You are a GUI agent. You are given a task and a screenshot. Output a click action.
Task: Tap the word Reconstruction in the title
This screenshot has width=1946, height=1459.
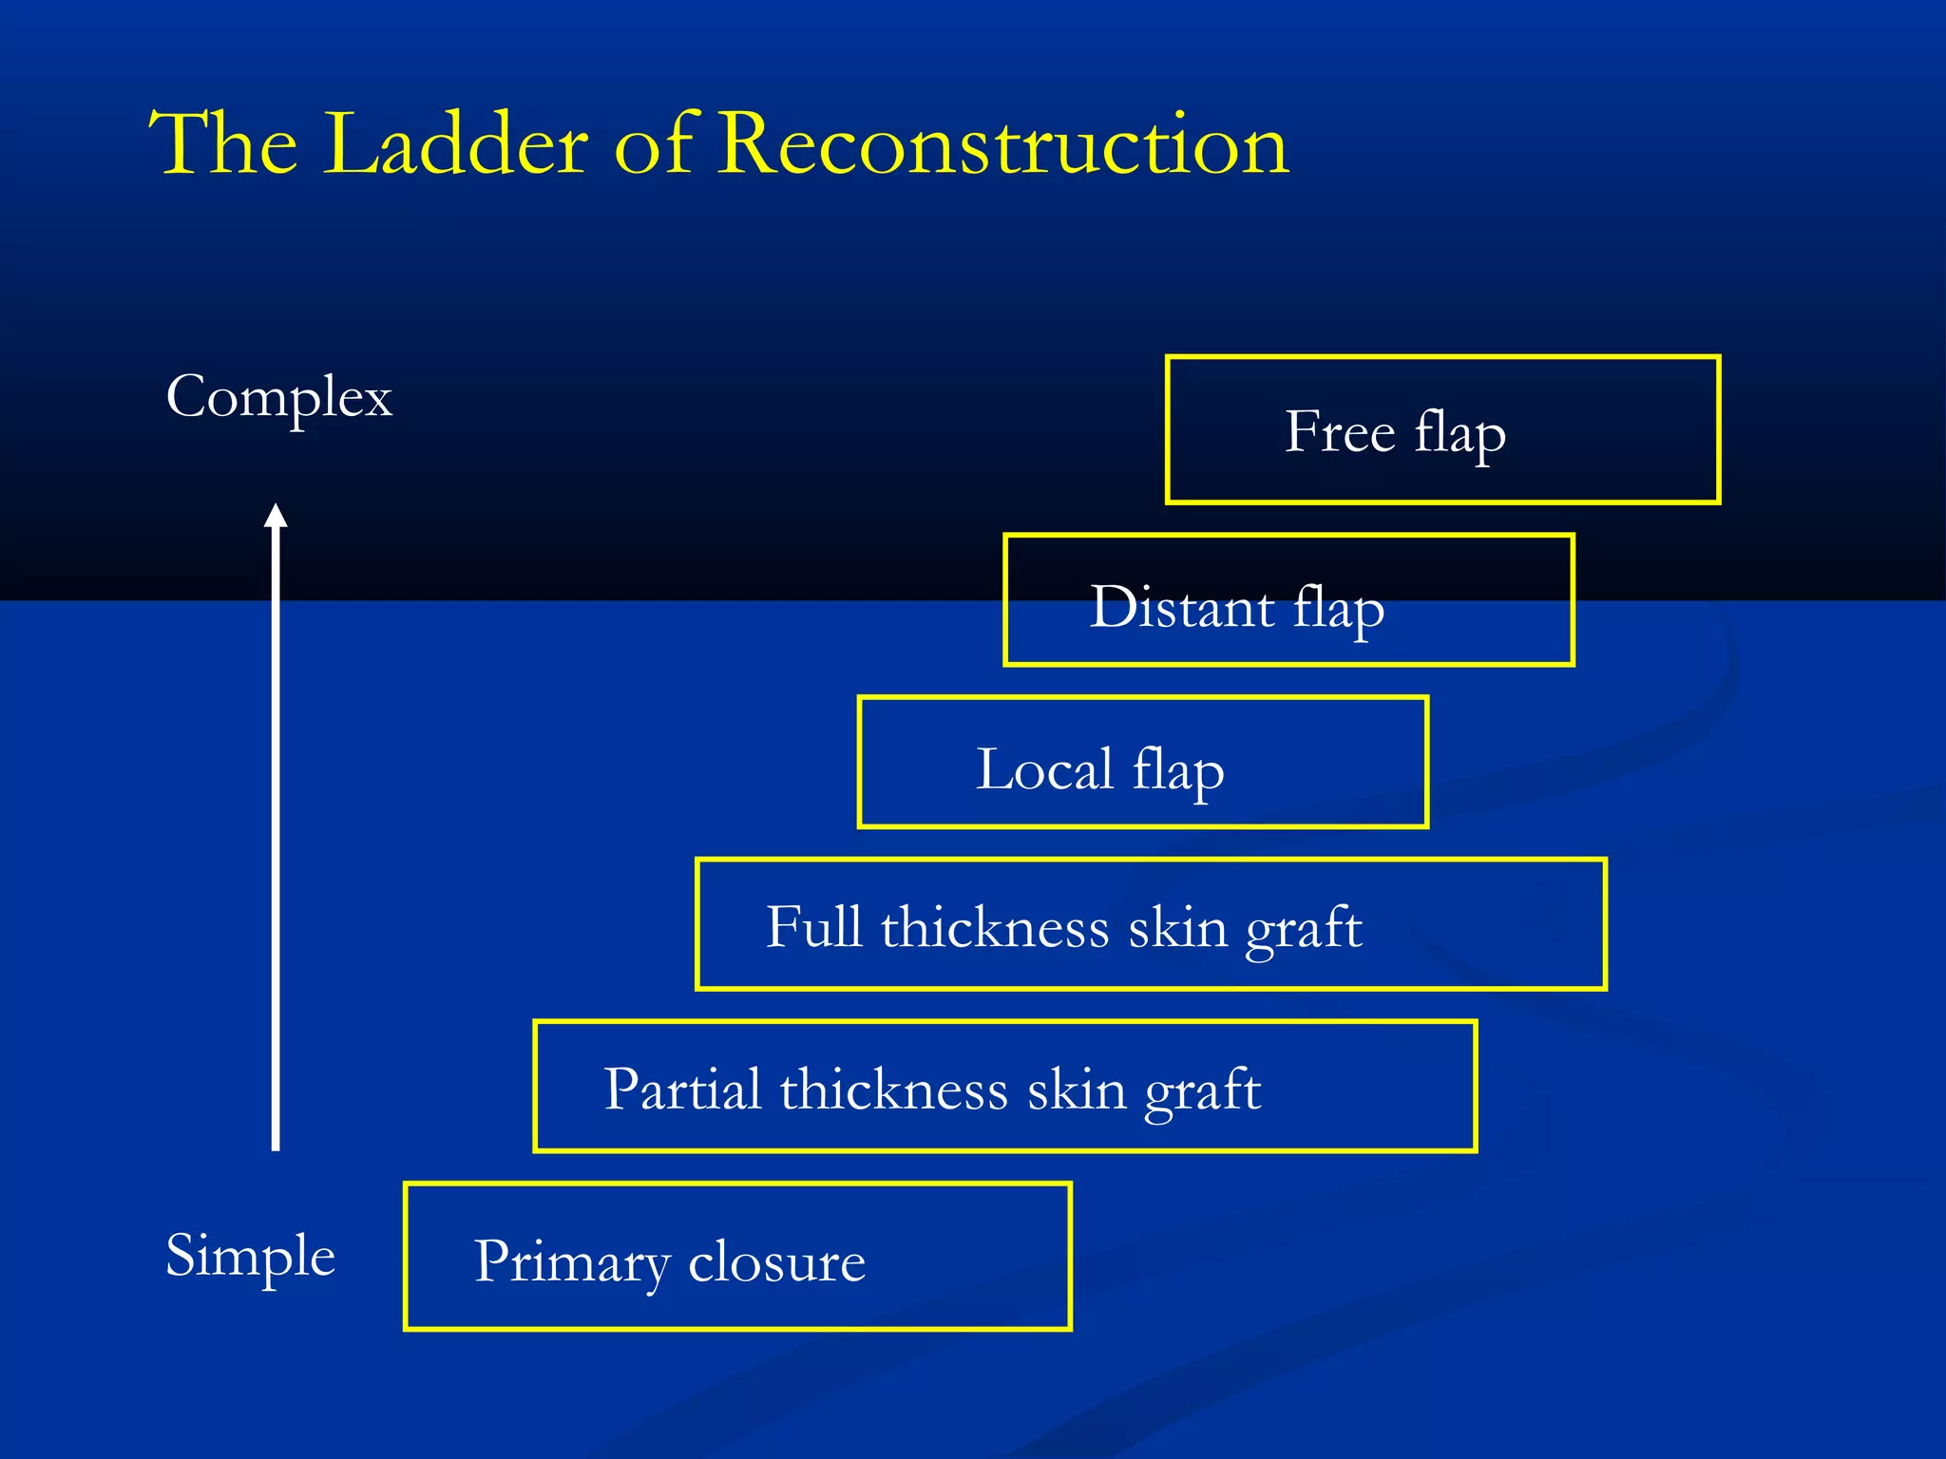tap(1002, 144)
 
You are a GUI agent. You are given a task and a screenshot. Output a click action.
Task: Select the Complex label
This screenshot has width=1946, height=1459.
tap(278, 397)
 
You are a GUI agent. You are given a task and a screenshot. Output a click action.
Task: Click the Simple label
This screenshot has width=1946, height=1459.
tap(250, 1256)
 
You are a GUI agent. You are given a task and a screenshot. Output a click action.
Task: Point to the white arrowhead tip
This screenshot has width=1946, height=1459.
tap(276, 507)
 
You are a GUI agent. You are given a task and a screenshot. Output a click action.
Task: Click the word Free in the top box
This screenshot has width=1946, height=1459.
tap(1339, 432)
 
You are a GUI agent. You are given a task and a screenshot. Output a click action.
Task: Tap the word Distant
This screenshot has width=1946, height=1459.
tap(1181, 607)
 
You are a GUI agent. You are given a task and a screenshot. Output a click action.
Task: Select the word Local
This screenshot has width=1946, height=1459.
tap(1044, 769)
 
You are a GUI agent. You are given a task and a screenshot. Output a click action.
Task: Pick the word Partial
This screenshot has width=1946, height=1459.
tap(681, 1090)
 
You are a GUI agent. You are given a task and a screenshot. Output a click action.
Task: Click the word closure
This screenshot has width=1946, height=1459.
tap(776, 1262)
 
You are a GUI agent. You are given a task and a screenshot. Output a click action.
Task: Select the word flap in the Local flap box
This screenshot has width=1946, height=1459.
tap(1177, 771)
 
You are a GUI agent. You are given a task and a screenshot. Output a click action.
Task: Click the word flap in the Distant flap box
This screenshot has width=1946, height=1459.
tap(1338, 609)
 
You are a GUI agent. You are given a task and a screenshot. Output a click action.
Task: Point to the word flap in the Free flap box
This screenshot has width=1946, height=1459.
tap(1459, 434)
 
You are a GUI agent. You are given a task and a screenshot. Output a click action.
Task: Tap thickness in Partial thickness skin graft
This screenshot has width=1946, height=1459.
tap(893, 1090)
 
